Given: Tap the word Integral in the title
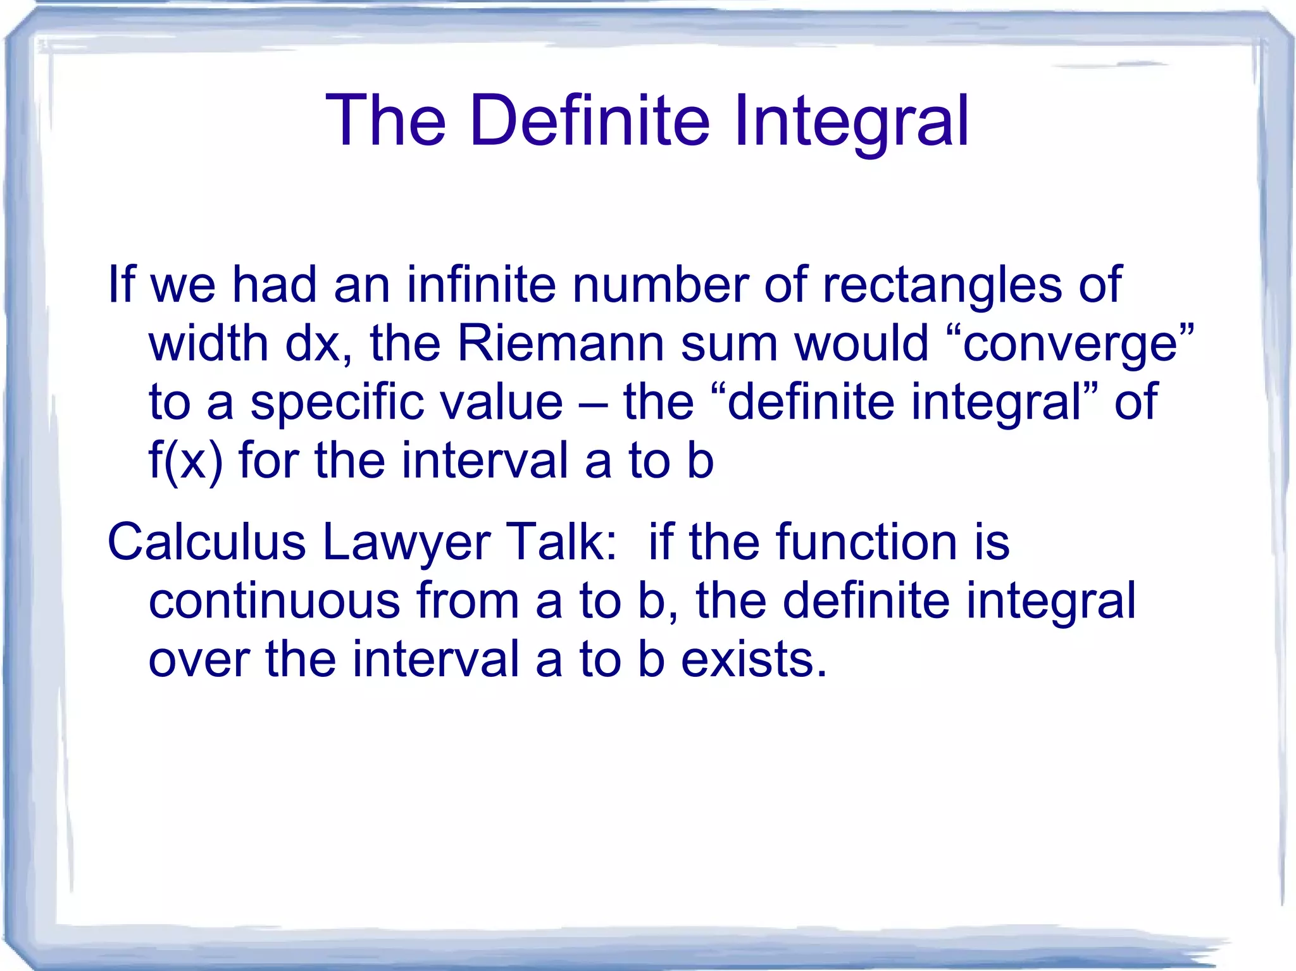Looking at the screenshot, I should click(850, 120).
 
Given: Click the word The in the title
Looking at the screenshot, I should click(386, 120).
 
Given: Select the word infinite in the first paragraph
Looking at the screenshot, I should click(481, 285).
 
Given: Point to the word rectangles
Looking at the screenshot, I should click(942, 285).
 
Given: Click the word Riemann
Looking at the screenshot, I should click(560, 343).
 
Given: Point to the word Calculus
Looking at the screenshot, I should click(206, 542).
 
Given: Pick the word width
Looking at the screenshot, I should click(209, 343).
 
